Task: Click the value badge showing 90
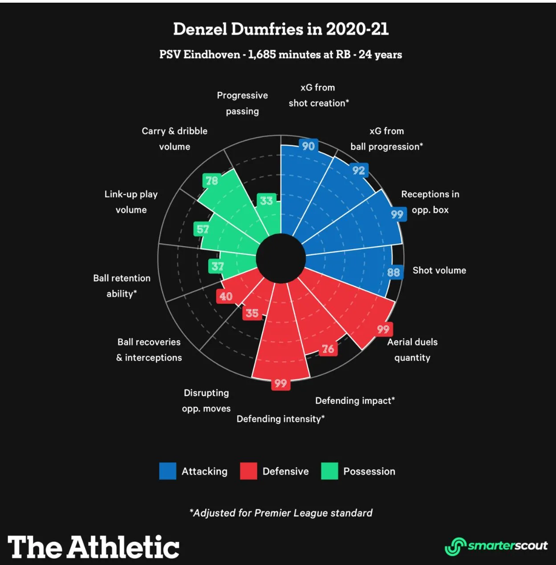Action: click(x=308, y=146)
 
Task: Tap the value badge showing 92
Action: click(x=358, y=170)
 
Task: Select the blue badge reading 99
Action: click(x=397, y=214)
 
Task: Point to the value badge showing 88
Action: click(x=394, y=272)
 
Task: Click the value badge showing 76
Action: click(x=328, y=349)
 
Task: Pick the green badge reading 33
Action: click(x=266, y=201)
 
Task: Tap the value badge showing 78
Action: click(x=211, y=180)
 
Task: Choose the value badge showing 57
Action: click(x=203, y=229)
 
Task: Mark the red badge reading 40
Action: click(x=226, y=296)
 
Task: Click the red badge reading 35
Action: click(x=252, y=313)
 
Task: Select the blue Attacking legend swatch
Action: click(x=168, y=471)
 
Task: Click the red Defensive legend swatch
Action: click(x=248, y=471)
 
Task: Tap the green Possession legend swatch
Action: click(x=329, y=471)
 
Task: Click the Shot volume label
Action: click(x=439, y=270)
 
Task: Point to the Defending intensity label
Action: click(x=280, y=419)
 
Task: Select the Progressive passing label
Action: click(x=242, y=103)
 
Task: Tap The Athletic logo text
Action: click(x=93, y=547)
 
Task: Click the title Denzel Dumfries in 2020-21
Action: click(x=281, y=29)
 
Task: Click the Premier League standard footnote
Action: click(x=281, y=513)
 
